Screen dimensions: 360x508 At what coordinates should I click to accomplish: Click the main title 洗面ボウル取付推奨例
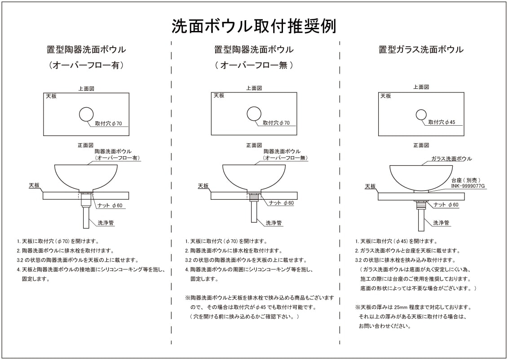coord(254,26)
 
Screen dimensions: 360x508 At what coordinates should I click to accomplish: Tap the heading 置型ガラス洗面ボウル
coord(421,49)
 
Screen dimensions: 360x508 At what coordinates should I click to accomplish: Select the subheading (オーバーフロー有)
coord(86,65)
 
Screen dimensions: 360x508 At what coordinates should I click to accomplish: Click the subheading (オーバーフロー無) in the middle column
coord(254,65)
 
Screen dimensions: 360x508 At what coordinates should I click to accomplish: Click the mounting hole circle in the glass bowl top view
coord(421,114)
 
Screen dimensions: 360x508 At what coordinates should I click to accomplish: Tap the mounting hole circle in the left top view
coord(86,114)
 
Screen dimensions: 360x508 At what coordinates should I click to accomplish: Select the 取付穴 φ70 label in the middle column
coord(276,123)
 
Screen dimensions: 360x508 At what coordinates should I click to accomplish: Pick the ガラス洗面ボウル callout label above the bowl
coord(451,159)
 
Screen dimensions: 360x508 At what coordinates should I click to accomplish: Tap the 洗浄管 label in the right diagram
coord(441,223)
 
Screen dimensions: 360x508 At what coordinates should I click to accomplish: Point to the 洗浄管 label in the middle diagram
coord(273,223)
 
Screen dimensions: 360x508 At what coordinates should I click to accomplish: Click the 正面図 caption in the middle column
coord(254,145)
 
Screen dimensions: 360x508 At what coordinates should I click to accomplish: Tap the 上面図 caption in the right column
coord(421,87)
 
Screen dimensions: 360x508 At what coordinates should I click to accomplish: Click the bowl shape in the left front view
coord(86,175)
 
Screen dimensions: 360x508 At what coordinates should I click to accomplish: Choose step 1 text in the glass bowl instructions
coord(389,241)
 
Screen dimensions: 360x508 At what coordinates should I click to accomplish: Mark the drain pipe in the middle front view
coord(254,213)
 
